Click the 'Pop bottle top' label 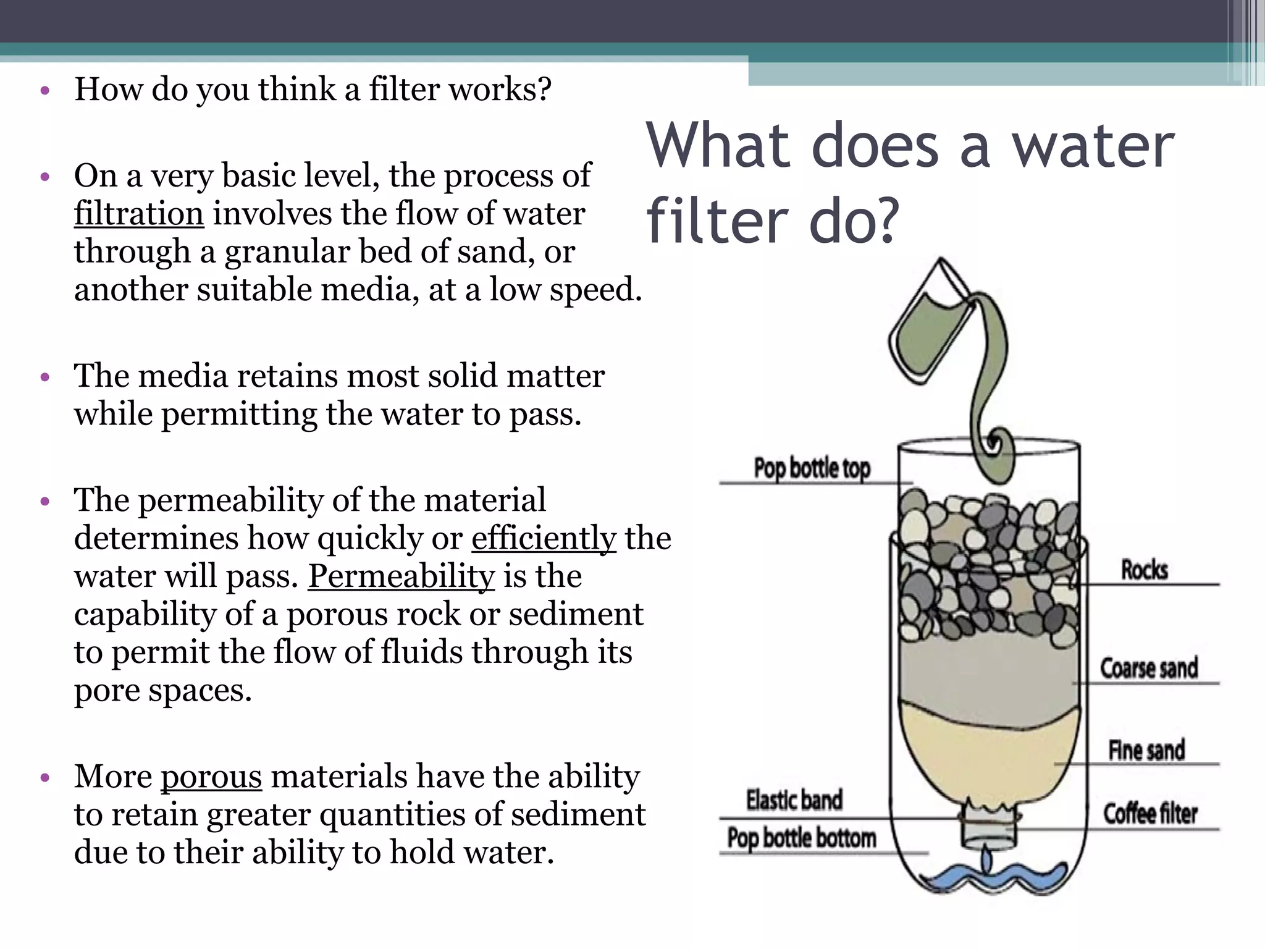812,468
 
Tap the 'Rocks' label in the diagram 1145,570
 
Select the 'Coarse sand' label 1149,668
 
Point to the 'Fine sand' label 1146,750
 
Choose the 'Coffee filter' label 1150,814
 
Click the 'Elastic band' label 794,799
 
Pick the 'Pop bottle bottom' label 801,838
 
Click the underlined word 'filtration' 139,214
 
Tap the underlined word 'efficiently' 544,538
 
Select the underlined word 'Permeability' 401,576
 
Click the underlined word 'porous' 211,776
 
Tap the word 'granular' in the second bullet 287,252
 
